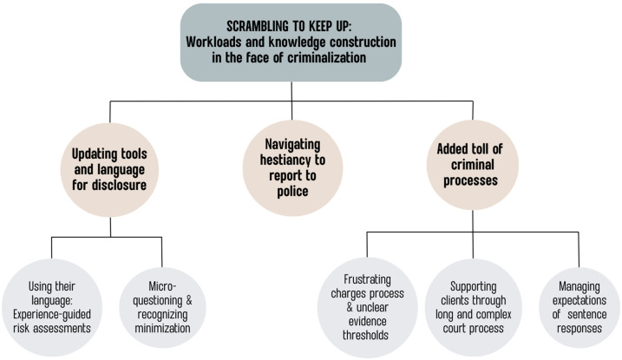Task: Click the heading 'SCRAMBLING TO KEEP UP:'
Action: click(x=292, y=26)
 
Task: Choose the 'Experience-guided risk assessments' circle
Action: click(x=54, y=309)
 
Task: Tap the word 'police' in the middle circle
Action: click(x=292, y=190)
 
